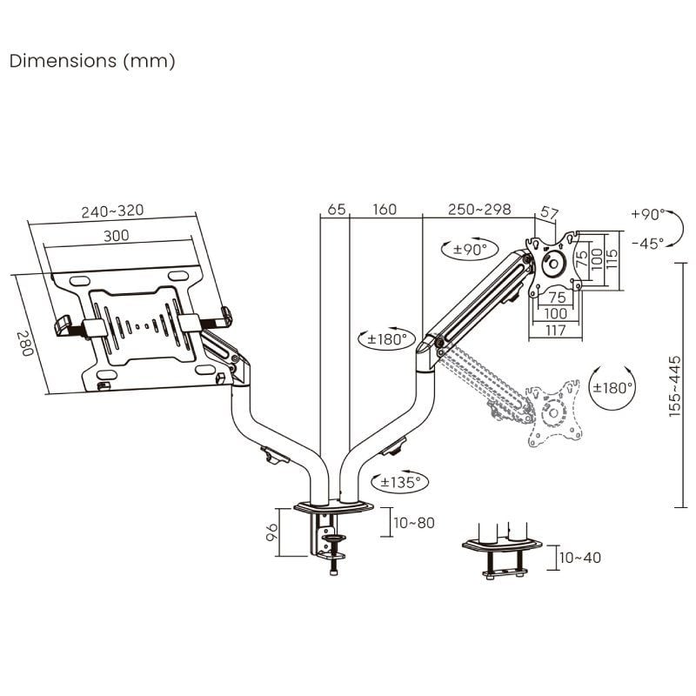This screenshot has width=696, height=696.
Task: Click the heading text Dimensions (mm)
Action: click(92, 61)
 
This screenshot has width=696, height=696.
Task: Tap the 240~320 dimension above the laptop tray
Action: click(112, 211)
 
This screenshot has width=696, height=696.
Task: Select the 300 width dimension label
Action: click(117, 235)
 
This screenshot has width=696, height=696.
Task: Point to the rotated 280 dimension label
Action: click(25, 345)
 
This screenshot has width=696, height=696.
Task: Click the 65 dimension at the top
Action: click(337, 210)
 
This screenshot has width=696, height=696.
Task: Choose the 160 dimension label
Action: click(384, 210)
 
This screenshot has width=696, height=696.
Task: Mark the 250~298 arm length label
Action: click(479, 210)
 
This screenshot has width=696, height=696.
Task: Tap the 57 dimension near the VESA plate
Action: click(549, 212)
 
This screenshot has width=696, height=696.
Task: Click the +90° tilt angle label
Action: click(647, 214)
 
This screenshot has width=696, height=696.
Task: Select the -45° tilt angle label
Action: click(647, 243)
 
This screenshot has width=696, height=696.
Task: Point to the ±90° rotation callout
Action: click(473, 251)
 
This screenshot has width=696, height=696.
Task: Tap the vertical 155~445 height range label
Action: click(675, 379)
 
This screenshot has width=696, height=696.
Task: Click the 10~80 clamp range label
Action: click(413, 523)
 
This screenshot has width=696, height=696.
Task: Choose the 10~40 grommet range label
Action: click(579, 558)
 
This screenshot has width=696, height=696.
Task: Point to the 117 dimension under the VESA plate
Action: click(555, 330)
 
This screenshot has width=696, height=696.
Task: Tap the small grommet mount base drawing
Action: click(503, 552)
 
